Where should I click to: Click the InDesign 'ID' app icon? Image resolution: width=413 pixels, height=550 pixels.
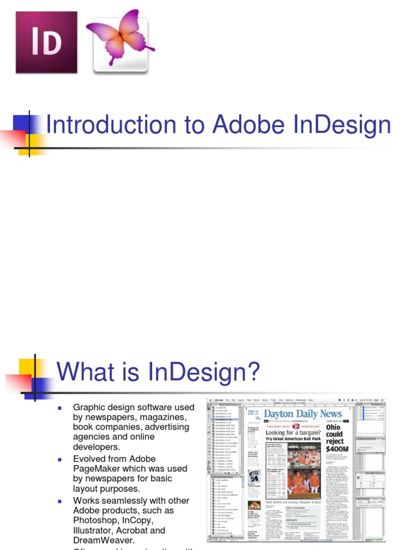(46, 42)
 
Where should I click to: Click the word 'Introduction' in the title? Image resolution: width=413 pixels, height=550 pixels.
(111, 125)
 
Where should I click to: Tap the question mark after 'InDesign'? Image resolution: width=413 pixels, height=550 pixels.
(253, 372)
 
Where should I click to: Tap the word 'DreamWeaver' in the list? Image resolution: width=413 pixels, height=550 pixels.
(104, 540)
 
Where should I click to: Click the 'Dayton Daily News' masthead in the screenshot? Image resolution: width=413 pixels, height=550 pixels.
(303, 414)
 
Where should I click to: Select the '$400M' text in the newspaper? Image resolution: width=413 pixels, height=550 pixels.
(337, 449)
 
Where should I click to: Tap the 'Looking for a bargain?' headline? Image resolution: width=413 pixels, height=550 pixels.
(290, 432)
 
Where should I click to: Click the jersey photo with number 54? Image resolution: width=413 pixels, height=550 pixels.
(254, 476)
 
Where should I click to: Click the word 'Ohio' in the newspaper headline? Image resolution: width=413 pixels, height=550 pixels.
(333, 427)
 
